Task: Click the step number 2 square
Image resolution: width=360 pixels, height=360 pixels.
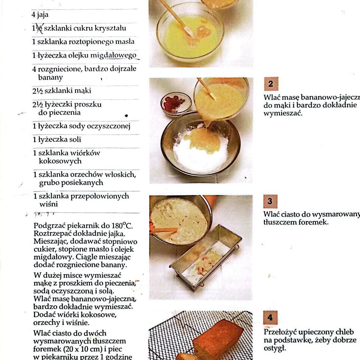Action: pyautogui.click(x=271, y=84)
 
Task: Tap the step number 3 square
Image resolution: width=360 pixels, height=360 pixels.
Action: pyautogui.click(x=270, y=202)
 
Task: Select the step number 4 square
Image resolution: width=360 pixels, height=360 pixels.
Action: pyautogui.click(x=270, y=317)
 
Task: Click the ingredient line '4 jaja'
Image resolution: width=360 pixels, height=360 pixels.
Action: pyautogui.click(x=40, y=14)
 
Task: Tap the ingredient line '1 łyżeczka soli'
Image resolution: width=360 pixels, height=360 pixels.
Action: pyautogui.click(x=57, y=139)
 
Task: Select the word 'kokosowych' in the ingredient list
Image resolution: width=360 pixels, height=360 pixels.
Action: pyautogui.click(x=60, y=161)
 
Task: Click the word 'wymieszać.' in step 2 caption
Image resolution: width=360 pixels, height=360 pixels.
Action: pyautogui.click(x=283, y=113)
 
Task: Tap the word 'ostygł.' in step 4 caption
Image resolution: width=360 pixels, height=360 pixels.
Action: pyautogui.click(x=275, y=348)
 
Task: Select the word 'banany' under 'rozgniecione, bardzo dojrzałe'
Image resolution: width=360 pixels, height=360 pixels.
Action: pyautogui.click(x=50, y=77)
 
